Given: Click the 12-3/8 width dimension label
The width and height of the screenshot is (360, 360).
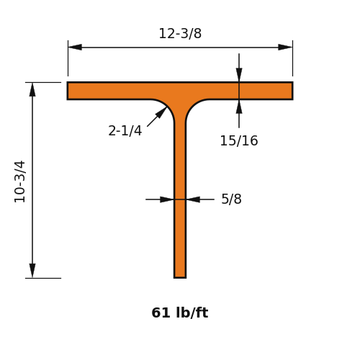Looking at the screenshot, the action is [180, 33].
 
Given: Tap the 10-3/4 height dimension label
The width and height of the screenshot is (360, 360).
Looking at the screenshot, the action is [19, 181].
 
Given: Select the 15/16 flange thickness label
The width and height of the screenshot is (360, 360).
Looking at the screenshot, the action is [239, 140].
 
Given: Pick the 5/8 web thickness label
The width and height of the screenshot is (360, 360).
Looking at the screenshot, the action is [231, 199].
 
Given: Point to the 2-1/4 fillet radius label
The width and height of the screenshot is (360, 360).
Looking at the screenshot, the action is [125, 131].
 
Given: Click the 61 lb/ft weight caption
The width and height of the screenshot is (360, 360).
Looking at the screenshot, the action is [180, 312].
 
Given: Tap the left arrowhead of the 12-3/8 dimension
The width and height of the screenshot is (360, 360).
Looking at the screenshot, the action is [75, 48].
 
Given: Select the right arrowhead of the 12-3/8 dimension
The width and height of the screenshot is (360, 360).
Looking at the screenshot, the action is [285, 48].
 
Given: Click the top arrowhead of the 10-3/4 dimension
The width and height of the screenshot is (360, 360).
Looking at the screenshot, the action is [32, 89].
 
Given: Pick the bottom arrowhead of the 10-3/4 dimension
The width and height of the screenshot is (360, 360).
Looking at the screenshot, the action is [32, 271].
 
